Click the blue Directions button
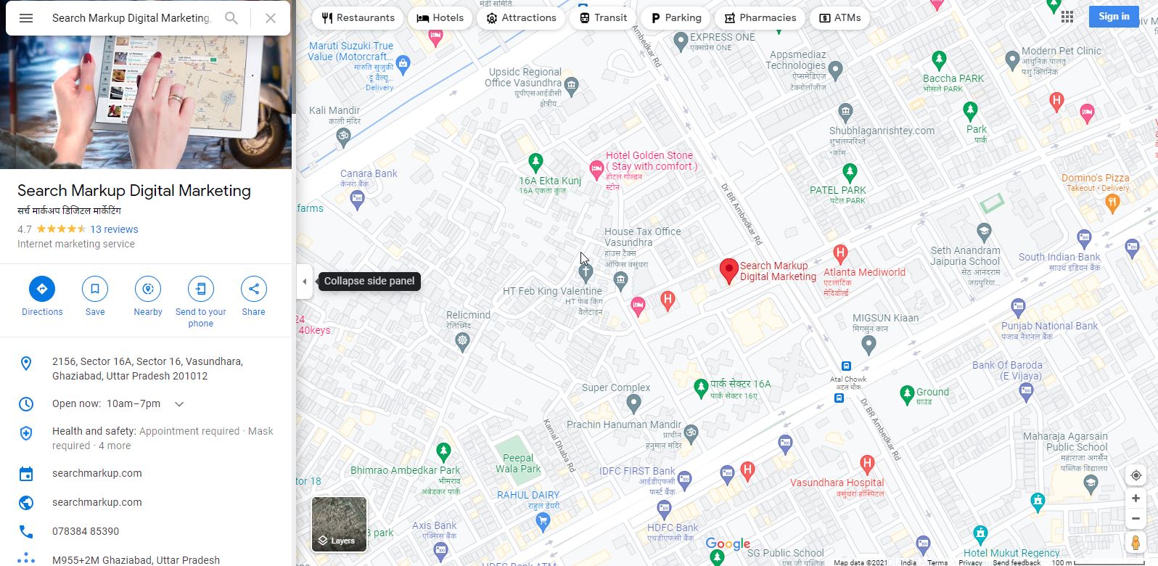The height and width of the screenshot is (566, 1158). point(42,289)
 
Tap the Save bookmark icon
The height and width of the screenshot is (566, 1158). point(95,289)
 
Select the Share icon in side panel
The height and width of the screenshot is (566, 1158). point(253,289)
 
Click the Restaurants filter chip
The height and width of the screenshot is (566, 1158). point(358,17)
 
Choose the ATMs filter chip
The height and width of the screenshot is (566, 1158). point(839,17)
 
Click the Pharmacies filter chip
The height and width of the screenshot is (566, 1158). point(760,17)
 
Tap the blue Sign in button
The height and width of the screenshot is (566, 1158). point(1113,17)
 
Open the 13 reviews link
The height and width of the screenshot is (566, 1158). point(114,229)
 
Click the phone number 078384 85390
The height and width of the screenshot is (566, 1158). point(86,531)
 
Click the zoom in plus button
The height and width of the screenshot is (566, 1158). point(1136,499)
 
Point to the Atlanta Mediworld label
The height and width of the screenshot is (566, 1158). point(864,273)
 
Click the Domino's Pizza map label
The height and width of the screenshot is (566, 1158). point(1095,179)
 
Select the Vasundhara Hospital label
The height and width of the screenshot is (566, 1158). point(837,483)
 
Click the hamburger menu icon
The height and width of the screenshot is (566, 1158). point(26,18)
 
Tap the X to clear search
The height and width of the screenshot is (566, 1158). point(270,18)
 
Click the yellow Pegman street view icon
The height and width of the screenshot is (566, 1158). point(1136,543)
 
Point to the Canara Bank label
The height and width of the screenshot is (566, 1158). point(369,174)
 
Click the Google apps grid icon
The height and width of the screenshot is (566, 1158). point(1067,17)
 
